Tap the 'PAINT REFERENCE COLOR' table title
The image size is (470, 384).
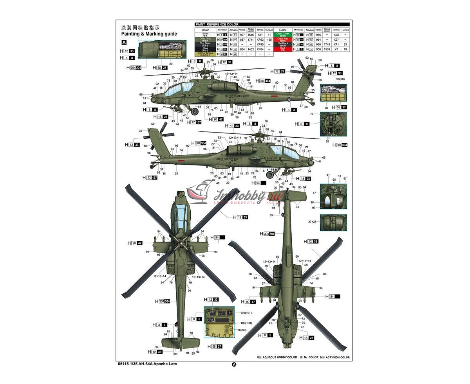216,25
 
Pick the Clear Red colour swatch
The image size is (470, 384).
282,39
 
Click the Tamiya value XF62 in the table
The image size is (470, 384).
260,39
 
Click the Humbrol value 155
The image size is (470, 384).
269,39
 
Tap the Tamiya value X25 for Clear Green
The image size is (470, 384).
336,35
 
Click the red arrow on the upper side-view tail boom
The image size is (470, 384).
274,96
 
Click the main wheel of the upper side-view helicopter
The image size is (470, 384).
195,111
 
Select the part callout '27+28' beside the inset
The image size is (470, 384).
312,222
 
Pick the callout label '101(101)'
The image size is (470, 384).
246,313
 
